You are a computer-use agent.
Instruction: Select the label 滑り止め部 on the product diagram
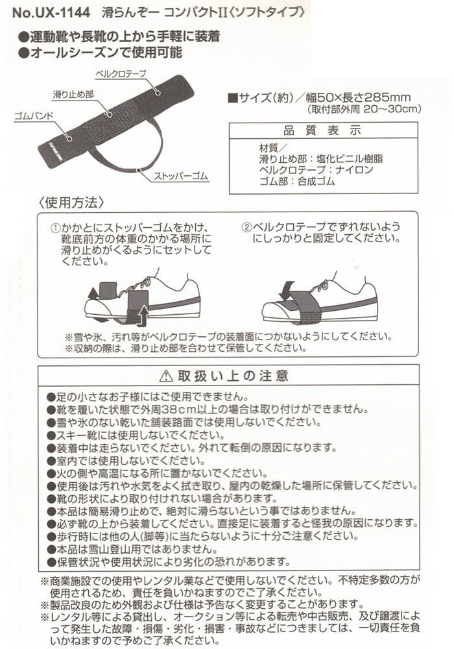coord(73,95)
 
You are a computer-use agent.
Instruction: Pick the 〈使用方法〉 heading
coord(72,201)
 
